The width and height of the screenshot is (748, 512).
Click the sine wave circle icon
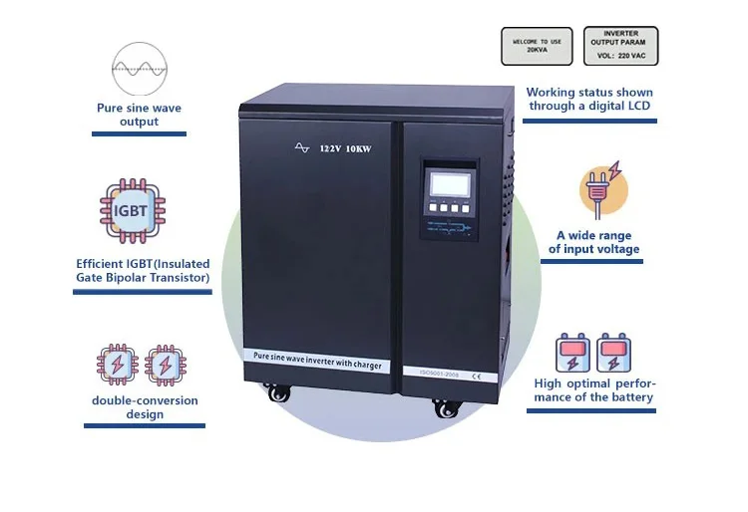tap(139, 67)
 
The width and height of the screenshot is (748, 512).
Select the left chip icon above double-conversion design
tap(116, 366)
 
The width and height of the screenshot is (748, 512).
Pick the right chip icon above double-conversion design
tap(165, 366)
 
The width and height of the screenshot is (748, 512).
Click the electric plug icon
tap(599, 191)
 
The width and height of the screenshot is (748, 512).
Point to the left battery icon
tap(573, 354)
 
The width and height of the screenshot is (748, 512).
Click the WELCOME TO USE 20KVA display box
tap(538, 46)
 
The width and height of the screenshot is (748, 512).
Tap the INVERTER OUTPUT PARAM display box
tap(620, 46)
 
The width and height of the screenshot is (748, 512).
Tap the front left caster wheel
tap(278, 392)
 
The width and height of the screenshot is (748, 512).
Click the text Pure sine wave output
tap(139, 115)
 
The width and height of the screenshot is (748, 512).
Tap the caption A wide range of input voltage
tap(594, 242)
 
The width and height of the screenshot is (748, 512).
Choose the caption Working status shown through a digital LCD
tap(589, 99)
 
